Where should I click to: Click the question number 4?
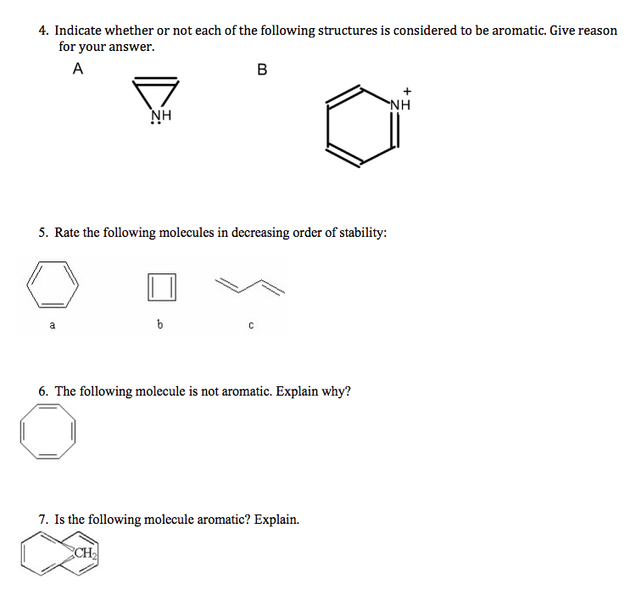[x=43, y=31]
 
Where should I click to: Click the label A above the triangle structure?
[x=78, y=70]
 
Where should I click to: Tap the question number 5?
[x=43, y=232]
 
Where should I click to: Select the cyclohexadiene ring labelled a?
[x=53, y=284]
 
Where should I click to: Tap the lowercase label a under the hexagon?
[x=52, y=323]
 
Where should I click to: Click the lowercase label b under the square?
[x=159, y=323]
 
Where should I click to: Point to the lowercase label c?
[x=250, y=323]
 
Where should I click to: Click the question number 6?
[x=43, y=391]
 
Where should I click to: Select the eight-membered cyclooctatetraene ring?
[x=49, y=432]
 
